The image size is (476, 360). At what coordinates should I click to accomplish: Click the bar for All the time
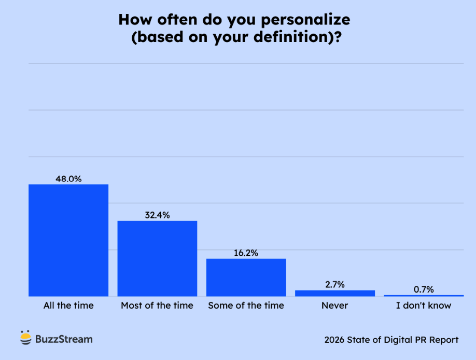(68, 240)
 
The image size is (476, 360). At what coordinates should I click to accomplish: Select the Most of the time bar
(157, 258)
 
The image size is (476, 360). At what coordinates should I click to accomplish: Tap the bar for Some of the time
(246, 278)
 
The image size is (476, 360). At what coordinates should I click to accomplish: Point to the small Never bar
(335, 293)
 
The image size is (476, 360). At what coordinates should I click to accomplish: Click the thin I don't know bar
(424, 296)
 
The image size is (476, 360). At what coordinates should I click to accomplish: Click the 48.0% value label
(68, 179)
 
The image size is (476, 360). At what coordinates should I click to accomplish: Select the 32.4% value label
(157, 215)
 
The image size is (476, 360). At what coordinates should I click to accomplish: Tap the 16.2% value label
(246, 253)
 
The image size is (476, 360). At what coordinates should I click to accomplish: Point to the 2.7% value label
(335, 285)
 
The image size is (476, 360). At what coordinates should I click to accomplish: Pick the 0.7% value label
(424, 289)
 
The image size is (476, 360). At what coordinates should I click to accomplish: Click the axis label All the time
(68, 306)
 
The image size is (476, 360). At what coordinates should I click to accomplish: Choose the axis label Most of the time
(157, 306)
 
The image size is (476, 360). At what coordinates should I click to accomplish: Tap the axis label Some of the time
(246, 306)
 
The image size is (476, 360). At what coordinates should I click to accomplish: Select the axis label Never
(335, 306)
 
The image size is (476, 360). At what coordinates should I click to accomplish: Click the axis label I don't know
(424, 306)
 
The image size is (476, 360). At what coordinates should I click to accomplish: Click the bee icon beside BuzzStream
(26, 338)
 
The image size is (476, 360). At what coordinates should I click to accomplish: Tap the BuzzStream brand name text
(64, 339)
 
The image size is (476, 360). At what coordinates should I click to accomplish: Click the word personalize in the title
(305, 20)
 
